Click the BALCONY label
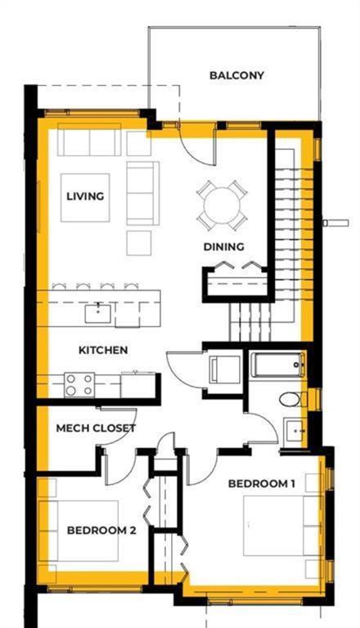(x=236, y=75)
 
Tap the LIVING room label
(x=85, y=196)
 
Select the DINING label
(x=224, y=246)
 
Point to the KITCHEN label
(x=103, y=350)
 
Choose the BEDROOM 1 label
(x=261, y=483)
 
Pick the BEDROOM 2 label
(x=101, y=530)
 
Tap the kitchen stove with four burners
(x=79, y=384)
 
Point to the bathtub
(x=277, y=365)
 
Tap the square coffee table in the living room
(x=84, y=197)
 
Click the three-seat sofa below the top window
(x=88, y=142)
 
